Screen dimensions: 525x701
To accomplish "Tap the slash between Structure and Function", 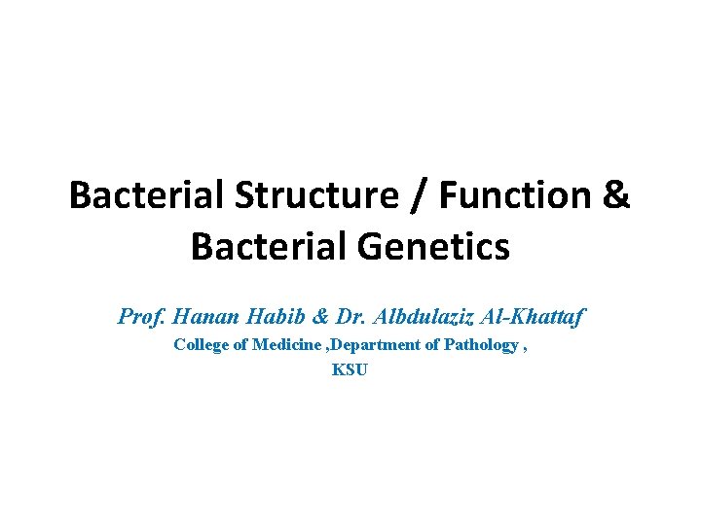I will [x=420, y=195].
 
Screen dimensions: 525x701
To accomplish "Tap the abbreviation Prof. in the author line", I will [x=140, y=316].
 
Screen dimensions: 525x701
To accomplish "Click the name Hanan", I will [x=198, y=316].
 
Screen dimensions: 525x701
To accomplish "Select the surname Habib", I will [x=262, y=316].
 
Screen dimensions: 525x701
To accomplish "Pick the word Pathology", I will [x=481, y=345].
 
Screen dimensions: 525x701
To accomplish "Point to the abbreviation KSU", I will [x=350, y=369].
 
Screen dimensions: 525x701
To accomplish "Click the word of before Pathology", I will [x=432, y=345].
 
